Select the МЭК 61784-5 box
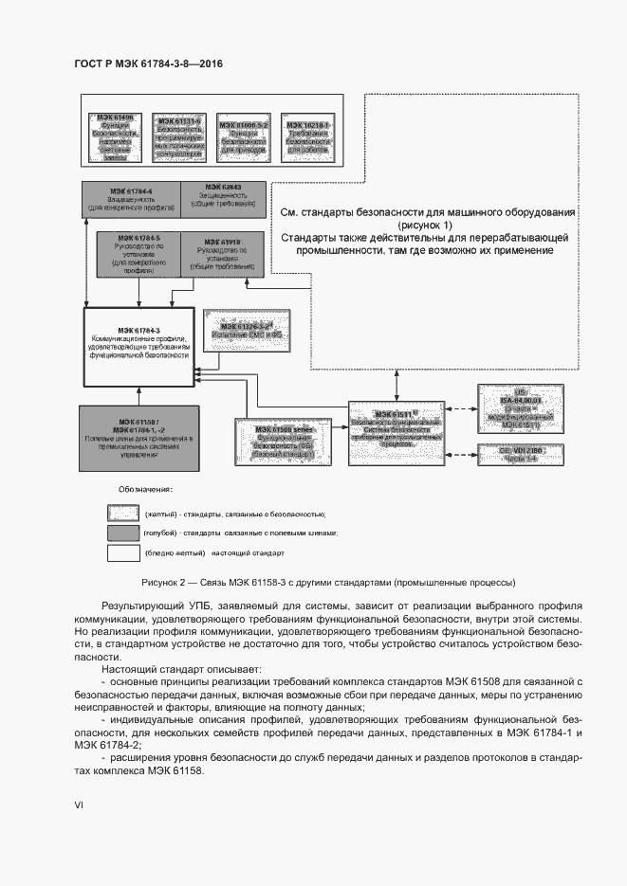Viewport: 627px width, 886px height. click(x=138, y=253)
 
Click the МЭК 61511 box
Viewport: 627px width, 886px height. click(x=396, y=430)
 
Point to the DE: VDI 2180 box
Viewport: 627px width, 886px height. click(x=522, y=453)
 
